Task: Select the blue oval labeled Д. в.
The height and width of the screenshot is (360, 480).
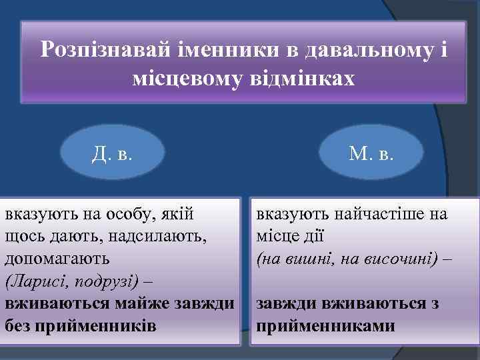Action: click(x=113, y=154)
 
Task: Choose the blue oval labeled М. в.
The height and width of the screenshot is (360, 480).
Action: click(x=371, y=154)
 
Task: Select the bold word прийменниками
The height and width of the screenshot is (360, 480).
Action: click(x=327, y=326)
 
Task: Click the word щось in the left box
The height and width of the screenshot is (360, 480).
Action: click(x=22, y=237)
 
